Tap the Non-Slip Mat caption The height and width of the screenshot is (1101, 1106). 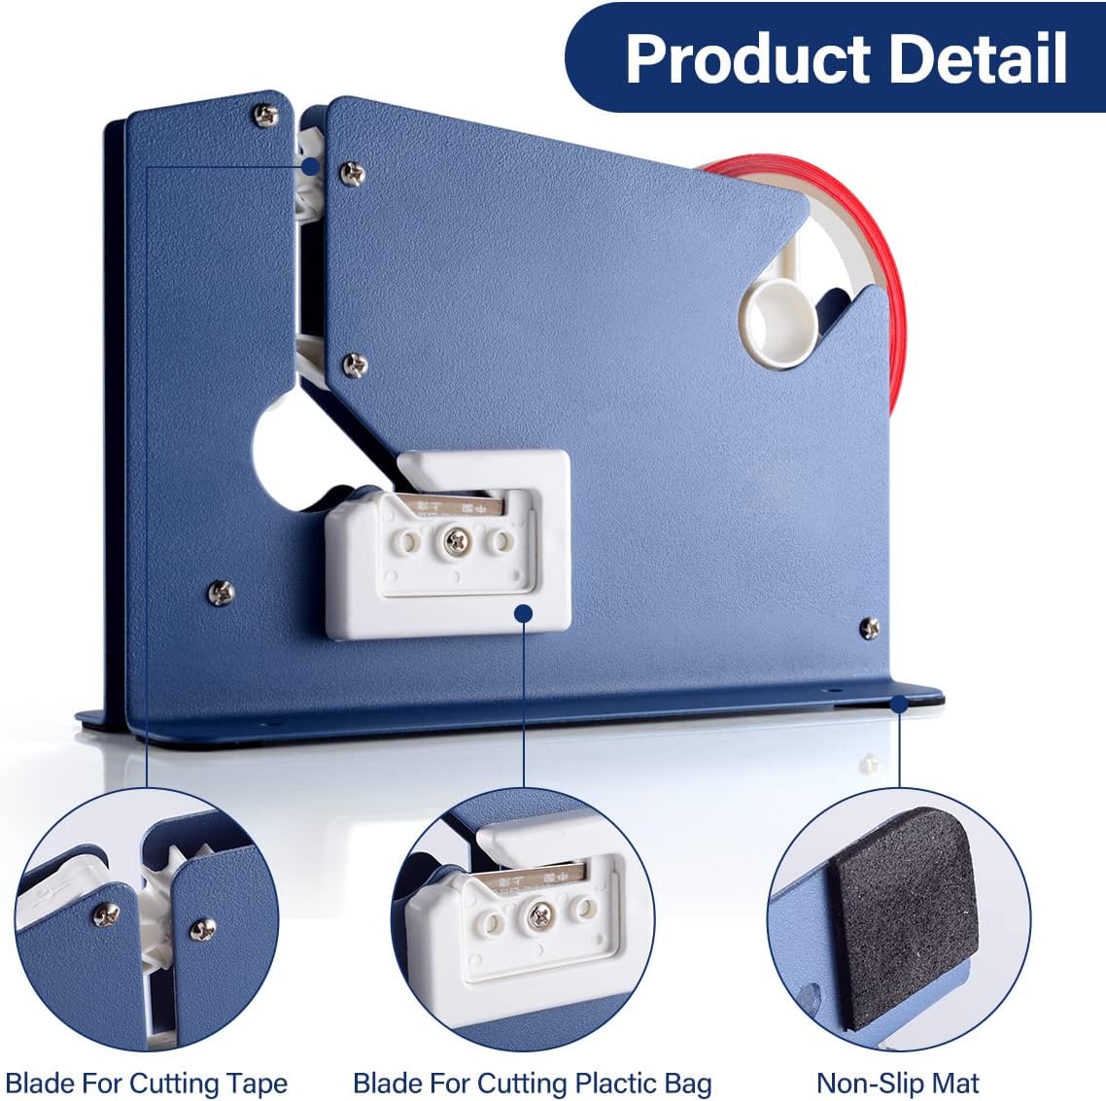[x=897, y=1083]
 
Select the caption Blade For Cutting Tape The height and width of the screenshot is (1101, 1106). [x=147, y=1083]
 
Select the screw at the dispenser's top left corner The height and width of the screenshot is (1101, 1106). [x=265, y=115]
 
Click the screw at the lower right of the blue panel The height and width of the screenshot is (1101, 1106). [x=870, y=628]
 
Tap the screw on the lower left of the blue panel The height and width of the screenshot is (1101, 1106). [x=221, y=590]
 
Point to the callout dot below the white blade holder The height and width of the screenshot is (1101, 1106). [x=524, y=612]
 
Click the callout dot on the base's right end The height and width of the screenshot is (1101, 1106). [x=899, y=702]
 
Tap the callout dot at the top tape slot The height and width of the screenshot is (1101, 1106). [x=311, y=166]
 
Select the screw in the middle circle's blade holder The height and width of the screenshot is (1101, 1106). [x=538, y=912]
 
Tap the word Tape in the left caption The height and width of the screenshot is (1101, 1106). [x=258, y=1083]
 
